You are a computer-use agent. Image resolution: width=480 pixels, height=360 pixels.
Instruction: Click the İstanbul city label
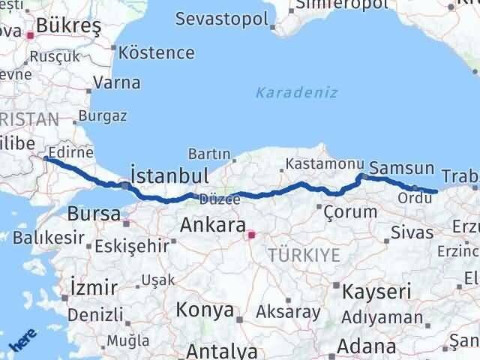[169, 175]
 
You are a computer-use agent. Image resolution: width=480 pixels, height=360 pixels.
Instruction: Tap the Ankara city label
[213, 225]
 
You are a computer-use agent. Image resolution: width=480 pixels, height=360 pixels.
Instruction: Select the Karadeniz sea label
[296, 92]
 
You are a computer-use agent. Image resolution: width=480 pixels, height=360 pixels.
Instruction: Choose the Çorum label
[350, 211]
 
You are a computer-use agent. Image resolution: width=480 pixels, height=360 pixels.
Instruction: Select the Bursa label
[94, 214]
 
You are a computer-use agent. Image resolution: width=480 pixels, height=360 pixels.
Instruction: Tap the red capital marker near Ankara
[251, 235]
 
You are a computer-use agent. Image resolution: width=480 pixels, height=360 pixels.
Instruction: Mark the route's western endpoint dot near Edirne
[46, 158]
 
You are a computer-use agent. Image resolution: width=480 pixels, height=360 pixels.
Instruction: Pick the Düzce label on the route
[219, 199]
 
